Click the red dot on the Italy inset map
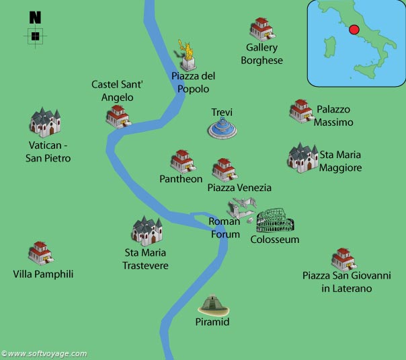352,30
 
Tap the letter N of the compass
36,17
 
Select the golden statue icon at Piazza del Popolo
188,55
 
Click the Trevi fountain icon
222,128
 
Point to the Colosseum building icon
275,220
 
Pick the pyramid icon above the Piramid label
214,305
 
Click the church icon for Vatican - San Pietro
45,122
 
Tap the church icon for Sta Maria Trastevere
147,231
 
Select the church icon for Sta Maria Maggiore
302,157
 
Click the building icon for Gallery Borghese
261,29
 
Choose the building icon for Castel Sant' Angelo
118,116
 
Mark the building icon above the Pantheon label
182,161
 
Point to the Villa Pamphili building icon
40,253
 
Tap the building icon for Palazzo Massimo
301,111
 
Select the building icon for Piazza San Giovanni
343,259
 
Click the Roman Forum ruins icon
240,209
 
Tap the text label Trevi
222,112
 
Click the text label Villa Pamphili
43,274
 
